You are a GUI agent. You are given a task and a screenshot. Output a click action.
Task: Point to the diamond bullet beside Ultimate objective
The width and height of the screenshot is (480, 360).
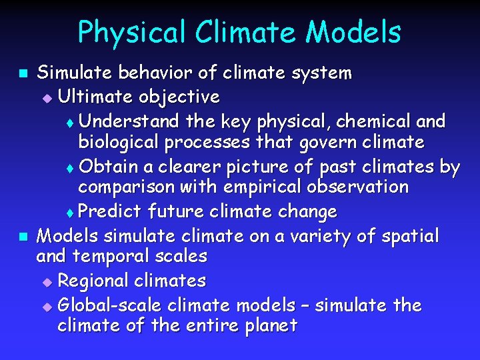coord(46,98)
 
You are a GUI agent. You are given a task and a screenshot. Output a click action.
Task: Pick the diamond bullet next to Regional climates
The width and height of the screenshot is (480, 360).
coord(46,281)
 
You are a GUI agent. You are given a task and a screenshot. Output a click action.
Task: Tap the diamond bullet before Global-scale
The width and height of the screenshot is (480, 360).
coord(46,307)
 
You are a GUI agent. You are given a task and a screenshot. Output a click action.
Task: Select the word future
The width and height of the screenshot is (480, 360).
coord(176,212)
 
